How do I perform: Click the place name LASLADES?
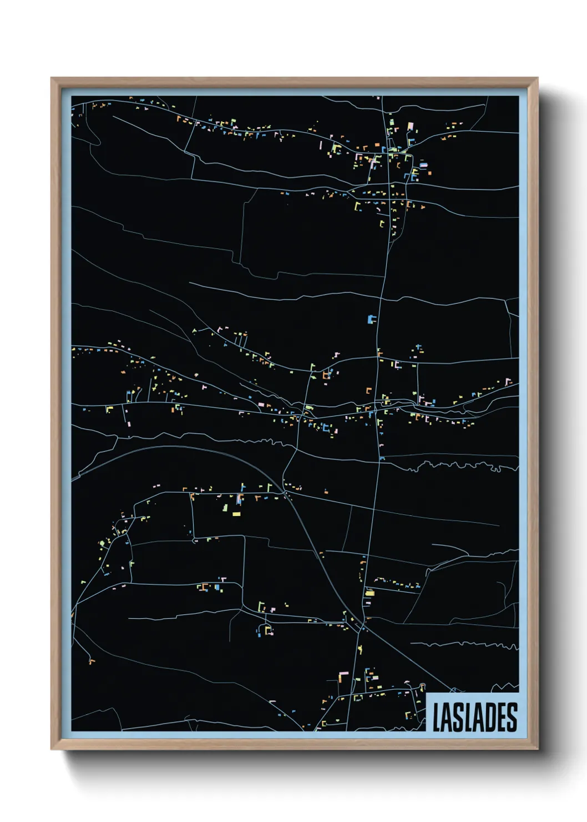coord(474,717)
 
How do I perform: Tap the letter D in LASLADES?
coord(489,717)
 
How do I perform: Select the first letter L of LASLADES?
coord(437,717)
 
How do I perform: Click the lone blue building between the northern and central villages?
coord(371,319)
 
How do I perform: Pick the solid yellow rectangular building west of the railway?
coord(236,514)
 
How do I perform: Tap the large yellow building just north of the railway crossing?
coord(370,593)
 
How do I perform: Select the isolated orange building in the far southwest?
coord(92,661)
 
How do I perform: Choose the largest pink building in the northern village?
coord(411,127)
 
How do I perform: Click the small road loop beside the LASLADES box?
coord(422,686)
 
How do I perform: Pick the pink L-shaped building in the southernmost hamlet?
coord(343,674)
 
